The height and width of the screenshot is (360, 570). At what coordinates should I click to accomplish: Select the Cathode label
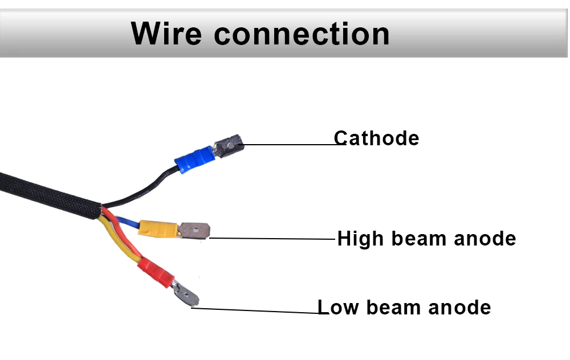(376, 138)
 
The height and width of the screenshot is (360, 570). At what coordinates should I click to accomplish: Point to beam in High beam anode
(416, 239)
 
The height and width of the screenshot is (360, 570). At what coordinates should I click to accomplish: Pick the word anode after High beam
(484, 239)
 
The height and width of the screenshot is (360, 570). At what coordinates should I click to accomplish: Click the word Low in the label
(337, 308)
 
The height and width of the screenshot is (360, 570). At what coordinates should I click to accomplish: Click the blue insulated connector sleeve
(194, 159)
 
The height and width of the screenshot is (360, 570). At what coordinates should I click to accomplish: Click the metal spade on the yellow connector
(195, 231)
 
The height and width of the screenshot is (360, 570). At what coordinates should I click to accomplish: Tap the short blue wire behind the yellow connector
(129, 223)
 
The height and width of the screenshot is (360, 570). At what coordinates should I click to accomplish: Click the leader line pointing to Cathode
(291, 144)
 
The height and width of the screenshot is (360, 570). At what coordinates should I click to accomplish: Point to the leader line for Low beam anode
(256, 310)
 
